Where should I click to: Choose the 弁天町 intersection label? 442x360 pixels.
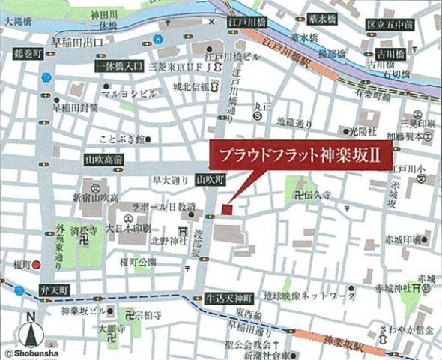pos(53,289)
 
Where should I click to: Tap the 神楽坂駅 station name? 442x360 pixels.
pos(340,343)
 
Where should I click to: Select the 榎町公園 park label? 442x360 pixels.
pos(137,262)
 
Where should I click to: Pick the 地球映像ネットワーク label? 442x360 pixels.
pos(309,297)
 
